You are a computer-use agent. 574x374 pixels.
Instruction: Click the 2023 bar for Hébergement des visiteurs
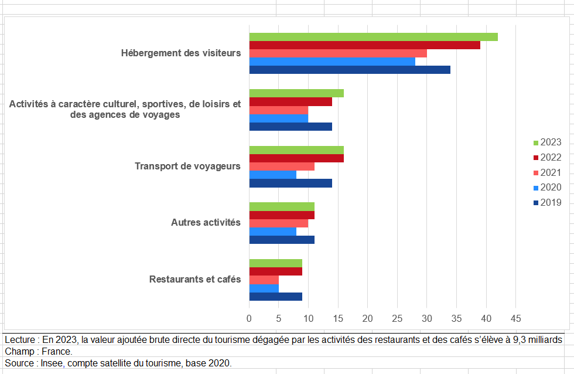tap(373, 37)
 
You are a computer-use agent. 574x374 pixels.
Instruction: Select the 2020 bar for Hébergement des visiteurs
tap(332, 62)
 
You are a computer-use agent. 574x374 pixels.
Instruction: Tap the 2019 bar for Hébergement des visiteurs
tap(350, 70)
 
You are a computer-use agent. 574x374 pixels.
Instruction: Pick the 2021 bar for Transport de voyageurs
tap(282, 166)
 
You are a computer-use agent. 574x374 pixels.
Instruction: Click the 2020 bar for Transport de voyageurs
tap(273, 175)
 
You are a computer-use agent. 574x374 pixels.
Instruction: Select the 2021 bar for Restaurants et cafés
tap(264, 280)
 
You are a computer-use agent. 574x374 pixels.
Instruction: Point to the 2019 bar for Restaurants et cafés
tap(276, 297)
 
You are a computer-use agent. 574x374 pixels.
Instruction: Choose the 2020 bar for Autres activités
tap(273, 231)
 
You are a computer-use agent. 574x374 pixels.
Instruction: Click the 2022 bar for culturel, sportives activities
tap(291, 101)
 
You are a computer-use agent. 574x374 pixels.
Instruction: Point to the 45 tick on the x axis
tap(515, 319)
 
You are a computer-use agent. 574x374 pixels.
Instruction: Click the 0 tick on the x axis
tap(249, 319)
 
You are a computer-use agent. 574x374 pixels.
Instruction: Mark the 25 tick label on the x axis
tap(397, 319)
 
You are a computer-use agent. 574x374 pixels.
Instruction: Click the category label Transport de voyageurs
tap(187, 166)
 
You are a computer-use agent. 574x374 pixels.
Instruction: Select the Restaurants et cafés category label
tap(195, 280)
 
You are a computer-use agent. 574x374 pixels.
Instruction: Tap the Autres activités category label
tap(206, 223)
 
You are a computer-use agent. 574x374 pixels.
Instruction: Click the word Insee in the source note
tap(54, 363)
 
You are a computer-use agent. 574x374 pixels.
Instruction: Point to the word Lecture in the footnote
tap(21, 340)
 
